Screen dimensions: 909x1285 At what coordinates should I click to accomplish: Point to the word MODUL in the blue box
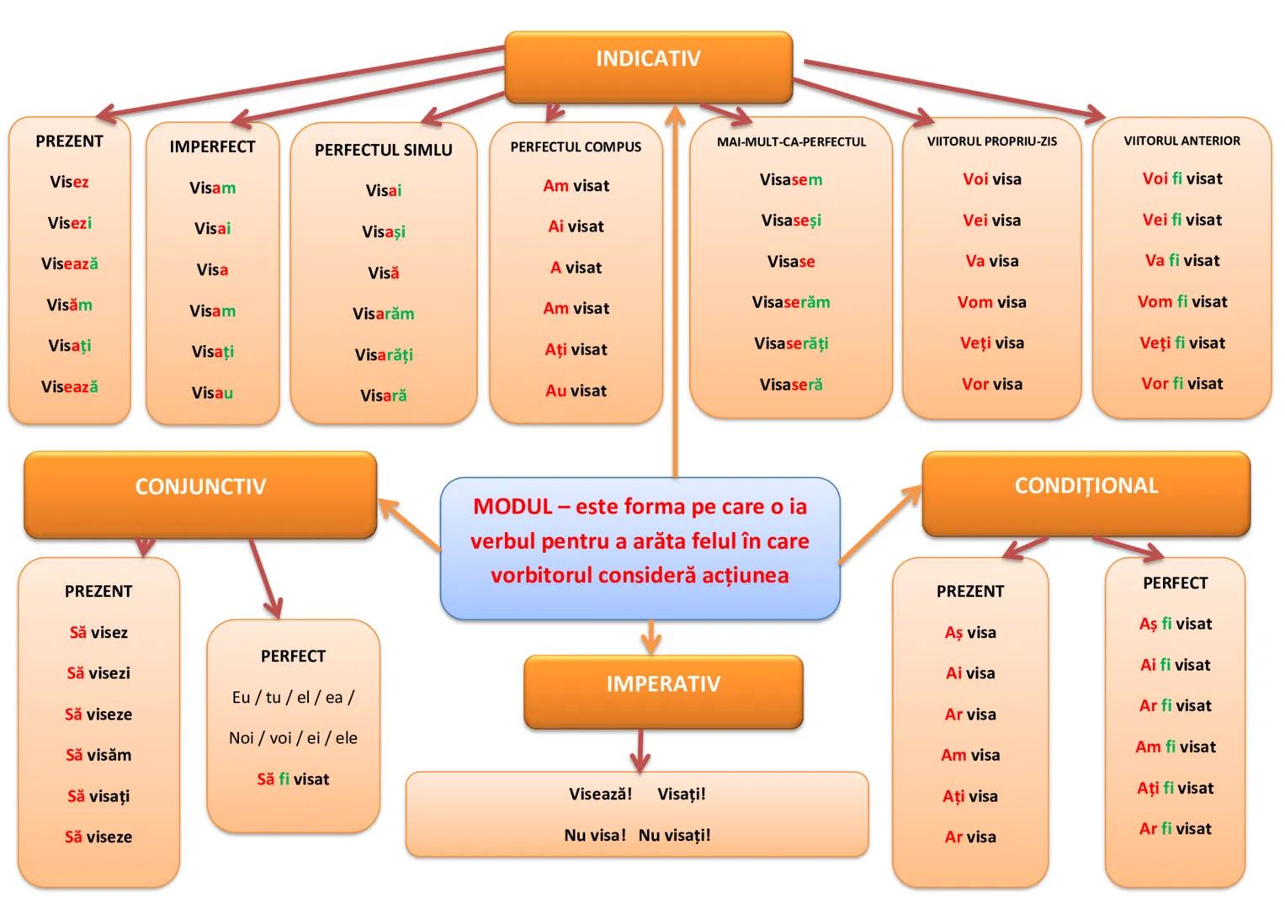[x=512, y=507]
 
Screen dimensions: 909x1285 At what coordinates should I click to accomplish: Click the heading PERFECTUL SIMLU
[x=383, y=151]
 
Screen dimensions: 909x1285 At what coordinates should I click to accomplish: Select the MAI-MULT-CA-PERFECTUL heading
[x=791, y=142]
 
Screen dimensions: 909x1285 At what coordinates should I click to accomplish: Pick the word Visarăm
[x=383, y=314]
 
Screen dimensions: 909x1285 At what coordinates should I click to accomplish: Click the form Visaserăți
[x=791, y=343]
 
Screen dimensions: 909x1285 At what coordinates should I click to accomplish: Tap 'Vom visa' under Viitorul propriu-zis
[x=991, y=302]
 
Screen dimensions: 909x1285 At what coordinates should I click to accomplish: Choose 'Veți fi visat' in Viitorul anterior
[x=1181, y=343]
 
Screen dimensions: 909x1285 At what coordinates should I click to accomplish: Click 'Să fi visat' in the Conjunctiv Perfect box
[x=293, y=779]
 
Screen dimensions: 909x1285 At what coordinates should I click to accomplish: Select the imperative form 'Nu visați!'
[x=674, y=835]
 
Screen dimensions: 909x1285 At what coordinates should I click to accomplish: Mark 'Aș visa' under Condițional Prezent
[x=969, y=633]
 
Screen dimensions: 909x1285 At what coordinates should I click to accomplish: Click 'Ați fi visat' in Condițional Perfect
[x=1175, y=789]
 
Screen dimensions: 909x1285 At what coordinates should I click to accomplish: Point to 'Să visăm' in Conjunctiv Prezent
[x=98, y=755]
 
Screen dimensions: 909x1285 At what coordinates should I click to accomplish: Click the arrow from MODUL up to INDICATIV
[x=675, y=295]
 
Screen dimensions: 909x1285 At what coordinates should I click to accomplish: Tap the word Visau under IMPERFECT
[x=212, y=393]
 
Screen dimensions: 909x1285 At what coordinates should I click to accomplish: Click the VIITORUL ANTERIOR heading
[x=1181, y=141]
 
